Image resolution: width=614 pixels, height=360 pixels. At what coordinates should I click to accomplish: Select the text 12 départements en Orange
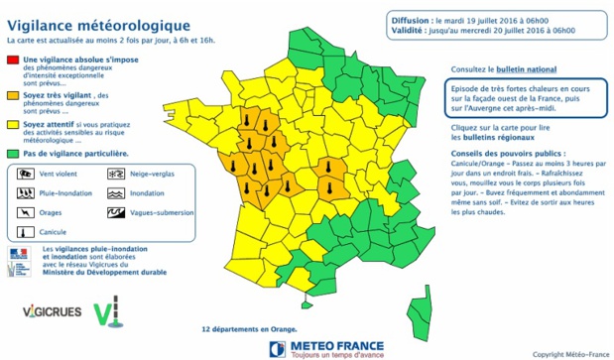250,326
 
